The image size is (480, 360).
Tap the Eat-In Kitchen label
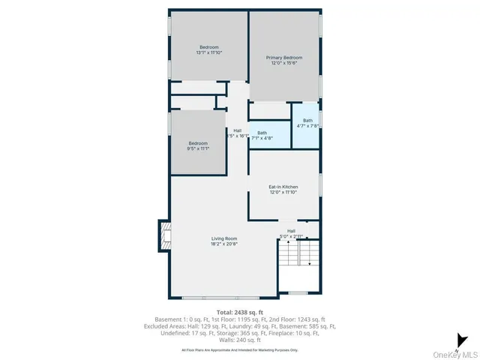[283, 186]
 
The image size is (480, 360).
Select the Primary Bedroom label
[284, 58]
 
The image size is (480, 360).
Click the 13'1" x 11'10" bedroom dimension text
[209, 53]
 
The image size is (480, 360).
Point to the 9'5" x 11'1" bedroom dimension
[198, 148]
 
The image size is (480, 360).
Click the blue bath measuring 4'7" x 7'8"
[307, 123]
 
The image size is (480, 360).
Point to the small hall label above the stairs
[291, 231]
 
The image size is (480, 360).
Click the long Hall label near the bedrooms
[237, 130]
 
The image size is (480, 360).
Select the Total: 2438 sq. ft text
[240, 312]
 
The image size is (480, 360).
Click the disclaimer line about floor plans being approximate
[240, 349]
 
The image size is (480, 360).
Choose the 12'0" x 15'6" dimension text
[284, 63]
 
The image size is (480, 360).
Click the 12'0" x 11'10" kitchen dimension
[283, 192]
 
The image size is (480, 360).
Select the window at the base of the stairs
[298, 292]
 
